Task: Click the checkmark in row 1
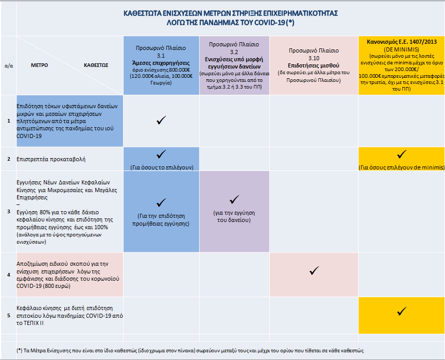pos(161,121)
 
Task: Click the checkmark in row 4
pos(314,270)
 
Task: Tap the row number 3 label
pos(9,211)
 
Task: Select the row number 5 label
pos(9,315)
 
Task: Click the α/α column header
pos(9,66)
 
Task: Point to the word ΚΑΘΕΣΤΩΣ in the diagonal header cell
pos(96,66)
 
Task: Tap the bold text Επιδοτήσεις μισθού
pos(313,66)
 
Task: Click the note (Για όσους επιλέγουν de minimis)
pos(401,168)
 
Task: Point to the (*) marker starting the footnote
pos(20,350)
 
